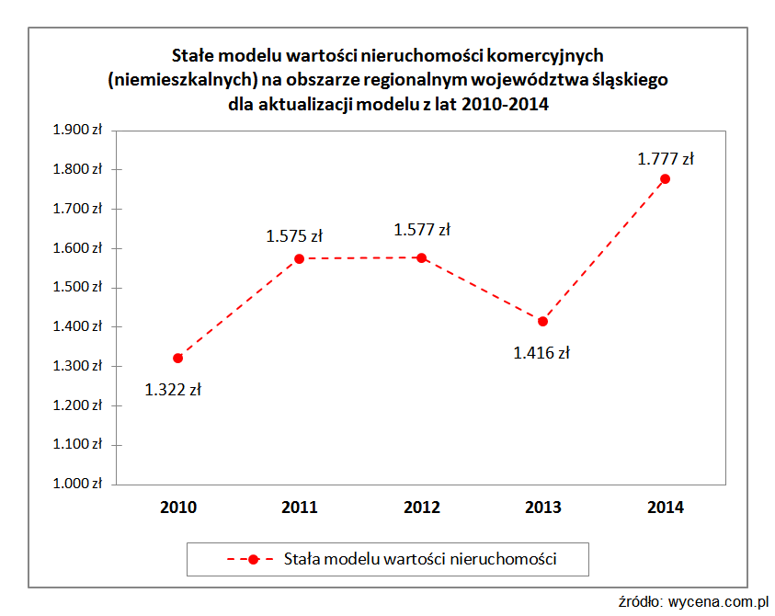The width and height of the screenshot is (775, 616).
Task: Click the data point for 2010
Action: tap(177, 358)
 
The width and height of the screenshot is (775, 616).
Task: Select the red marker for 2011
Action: tap(300, 258)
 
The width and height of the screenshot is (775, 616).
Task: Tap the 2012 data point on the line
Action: tap(421, 257)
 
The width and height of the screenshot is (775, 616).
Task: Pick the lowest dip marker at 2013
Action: tap(542, 321)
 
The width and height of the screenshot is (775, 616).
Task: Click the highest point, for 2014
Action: tap(665, 178)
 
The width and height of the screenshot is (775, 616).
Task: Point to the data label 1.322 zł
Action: tap(173, 389)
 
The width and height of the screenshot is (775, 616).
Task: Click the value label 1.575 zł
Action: tap(294, 236)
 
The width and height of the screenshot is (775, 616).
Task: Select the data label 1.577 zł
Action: tap(422, 230)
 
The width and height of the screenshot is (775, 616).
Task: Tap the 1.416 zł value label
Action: tap(541, 352)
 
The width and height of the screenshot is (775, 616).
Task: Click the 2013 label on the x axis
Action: tap(543, 507)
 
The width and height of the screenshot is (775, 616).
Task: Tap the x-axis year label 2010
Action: tap(178, 507)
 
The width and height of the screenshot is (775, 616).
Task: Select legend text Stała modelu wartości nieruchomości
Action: tap(421, 558)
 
